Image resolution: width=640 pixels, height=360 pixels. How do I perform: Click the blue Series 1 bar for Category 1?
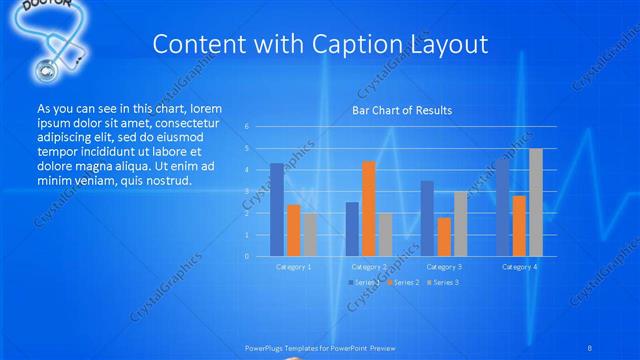click(x=277, y=209)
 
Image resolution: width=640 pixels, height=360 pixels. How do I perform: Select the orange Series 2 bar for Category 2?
click(x=368, y=208)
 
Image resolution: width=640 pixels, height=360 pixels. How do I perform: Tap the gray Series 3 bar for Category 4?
click(x=536, y=202)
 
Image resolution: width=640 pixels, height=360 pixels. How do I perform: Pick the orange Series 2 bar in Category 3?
click(x=444, y=236)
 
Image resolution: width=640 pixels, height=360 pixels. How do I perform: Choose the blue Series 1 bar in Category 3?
click(x=427, y=218)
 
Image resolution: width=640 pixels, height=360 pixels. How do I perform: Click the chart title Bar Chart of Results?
click(x=402, y=110)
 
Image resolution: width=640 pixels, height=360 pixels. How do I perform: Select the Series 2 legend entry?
click(x=403, y=283)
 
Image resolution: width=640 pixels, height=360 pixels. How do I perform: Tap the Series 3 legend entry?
click(x=444, y=283)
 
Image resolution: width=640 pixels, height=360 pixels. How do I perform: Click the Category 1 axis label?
click(x=293, y=267)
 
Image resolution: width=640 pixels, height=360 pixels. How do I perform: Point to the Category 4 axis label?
click(x=519, y=267)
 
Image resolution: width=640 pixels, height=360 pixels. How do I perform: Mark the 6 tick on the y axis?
click(x=246, y=127)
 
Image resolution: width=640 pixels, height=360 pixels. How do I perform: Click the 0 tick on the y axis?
click(x=246, y=256)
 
